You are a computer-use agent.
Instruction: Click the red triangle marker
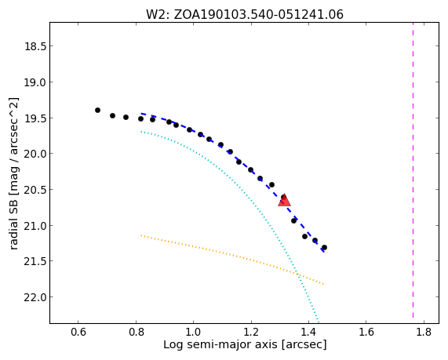(x=284, y=201)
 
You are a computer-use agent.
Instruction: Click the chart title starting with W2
(x=245, y=14)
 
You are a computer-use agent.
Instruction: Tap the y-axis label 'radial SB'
(x=13, y=174)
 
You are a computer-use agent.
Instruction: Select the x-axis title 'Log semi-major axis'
(x=245, y=344)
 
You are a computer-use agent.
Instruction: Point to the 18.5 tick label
(x=35, y=46)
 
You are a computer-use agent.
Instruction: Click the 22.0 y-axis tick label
(x=35, y=297)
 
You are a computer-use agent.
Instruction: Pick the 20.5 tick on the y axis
(x=35, y=190)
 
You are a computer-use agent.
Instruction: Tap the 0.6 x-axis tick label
(x=78, y=332)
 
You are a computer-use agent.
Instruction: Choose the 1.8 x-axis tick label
(x=424, y=332)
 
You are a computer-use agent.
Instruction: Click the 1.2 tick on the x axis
(x=251, y=332)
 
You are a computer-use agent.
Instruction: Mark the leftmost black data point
(x=98, y=110)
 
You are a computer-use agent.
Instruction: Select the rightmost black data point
(x=324, y=247)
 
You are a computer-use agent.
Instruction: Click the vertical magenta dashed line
(x=413, y=170)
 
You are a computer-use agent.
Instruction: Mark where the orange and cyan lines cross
(x=297, y=275)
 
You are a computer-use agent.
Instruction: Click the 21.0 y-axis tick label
(x=35, y=225)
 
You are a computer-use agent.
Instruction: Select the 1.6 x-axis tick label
(x=366, y=332)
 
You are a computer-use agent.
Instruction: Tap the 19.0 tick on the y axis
(x=35, y=82)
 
